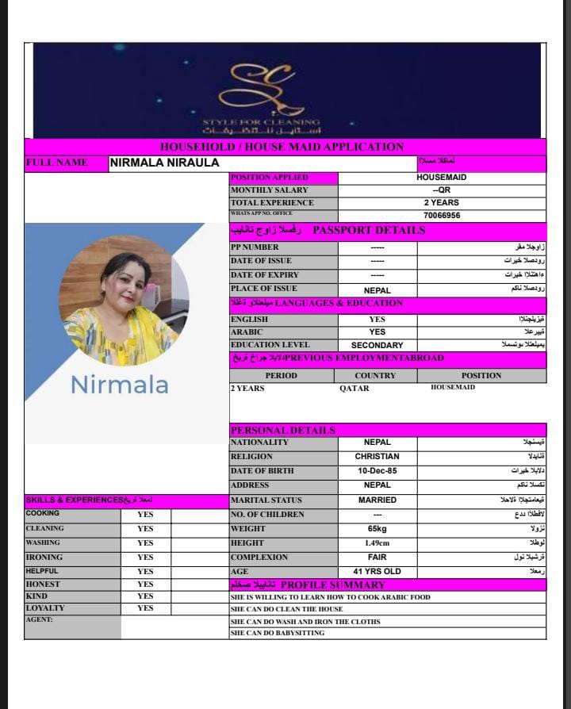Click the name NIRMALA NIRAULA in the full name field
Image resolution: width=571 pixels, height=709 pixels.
[x=164, y=163]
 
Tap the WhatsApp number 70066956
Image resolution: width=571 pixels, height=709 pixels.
[x=441, y=215]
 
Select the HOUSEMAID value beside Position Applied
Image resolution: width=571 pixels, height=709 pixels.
[x=441, y=178]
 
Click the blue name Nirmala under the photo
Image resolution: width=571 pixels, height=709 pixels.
[x=119, y=385]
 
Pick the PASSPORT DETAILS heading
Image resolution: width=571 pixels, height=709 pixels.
[x=369, y=231]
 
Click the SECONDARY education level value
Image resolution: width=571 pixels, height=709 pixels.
[x=377, y=345]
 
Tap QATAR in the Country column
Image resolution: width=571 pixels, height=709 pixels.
[x=354, y=388]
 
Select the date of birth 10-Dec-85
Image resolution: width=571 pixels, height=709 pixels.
[x=377, y=471]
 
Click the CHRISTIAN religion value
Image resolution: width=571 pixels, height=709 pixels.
[x=377, y=457]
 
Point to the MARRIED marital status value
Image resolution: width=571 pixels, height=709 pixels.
[x=377, y=500]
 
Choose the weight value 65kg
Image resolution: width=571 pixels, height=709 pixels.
[x=377, y=529]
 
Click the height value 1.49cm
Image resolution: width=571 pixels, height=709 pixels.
[x=377, y=543]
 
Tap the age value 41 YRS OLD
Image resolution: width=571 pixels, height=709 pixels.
[x=377, y=572]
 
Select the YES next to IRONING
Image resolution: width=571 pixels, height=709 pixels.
[x=145, y=558]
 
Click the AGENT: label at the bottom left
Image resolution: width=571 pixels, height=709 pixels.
[x=39, y=620]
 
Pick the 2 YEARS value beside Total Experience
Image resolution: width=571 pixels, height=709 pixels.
[x=441, y=202]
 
